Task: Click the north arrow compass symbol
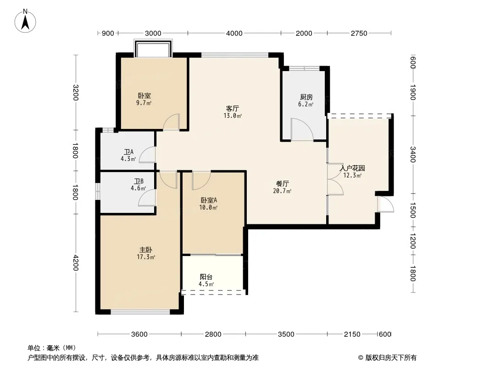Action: (x=25, y=21)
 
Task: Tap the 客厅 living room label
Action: (x=232, y=109)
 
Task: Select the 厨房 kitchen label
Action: (x=306, y=97)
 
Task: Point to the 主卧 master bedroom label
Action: (x=145, y=250)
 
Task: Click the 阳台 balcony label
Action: (x=206, y=277)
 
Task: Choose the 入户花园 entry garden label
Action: (x=352, y=168)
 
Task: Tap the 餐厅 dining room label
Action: (x=282, y=184)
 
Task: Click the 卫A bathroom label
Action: (x=128, y=152)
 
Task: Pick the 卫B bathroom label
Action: (x=139, y=182)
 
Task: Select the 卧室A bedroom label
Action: (x=209, y=200)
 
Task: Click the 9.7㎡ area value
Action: (x=144, y=103)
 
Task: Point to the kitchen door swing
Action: (x=302, y=129)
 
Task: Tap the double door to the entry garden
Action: (x=335, y=179)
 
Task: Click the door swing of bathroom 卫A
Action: (x=147, y=155)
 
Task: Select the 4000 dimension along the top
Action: (x=234, y=33)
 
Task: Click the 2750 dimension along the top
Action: (x=359, y=33)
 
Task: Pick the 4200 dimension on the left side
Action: (x=76, y=263)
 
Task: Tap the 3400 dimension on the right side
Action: (x=412, y=154)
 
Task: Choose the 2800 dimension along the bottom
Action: (x=213, y=334)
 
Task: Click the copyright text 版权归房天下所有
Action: (x=391, y=358)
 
